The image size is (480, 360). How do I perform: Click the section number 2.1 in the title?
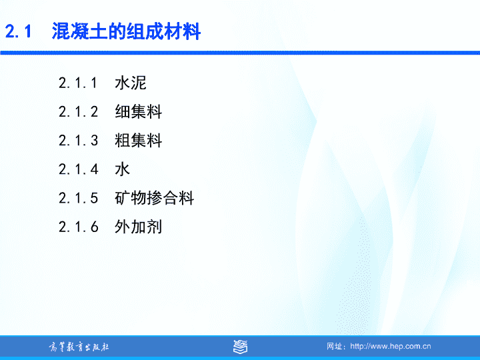[19, 31]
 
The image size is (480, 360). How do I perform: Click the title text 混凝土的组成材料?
[126, 31]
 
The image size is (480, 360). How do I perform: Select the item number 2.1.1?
[78, 83]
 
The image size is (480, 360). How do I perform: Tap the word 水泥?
[131, 83]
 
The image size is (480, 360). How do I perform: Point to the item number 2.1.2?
[78, 112]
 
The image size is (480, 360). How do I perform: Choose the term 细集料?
[139, 111]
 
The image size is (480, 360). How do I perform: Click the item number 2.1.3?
[78, 141]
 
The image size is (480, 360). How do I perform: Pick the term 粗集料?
[139, 140]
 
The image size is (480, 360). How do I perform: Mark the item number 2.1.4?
[79, 169]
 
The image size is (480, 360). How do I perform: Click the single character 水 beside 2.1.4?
[123, 169]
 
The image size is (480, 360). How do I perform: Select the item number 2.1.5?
[78, 198]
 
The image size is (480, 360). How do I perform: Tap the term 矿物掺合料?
[154, 198]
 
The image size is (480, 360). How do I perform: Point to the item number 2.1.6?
[79, 227]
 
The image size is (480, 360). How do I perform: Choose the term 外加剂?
[139, 227]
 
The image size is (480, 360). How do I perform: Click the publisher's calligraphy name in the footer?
[79, 347]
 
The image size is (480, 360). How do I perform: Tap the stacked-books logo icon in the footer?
[240, 347]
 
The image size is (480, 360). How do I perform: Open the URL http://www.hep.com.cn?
[391, 346]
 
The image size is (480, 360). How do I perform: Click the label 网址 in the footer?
[334, 346]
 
